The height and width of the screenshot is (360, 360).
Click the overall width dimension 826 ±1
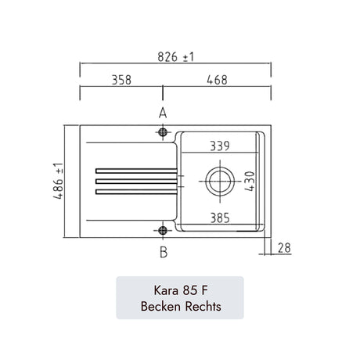pyautogui.click(x=176, y=57)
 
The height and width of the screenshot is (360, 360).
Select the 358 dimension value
pyautogui.click(x=121, y=80)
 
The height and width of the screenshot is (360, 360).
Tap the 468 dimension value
pyautogui.click(x=217, y=80)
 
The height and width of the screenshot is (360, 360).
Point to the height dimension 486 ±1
pyautogui.click(x=59, y=181)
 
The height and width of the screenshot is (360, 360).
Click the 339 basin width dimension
pyautogui.click(x=220, y=146)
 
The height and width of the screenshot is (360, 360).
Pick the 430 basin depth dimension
pyautogui.click(x=250, y=181)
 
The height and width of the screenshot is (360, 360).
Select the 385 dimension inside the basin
pyautogui.click(x=220, y=218)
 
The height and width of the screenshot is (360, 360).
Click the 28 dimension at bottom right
pyautogui.click(x=284, y=248)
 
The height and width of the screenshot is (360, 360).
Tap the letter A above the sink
pyautogui.click(x=163, y=113)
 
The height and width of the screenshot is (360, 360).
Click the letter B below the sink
pyautogui.click(x=164, y=252)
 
